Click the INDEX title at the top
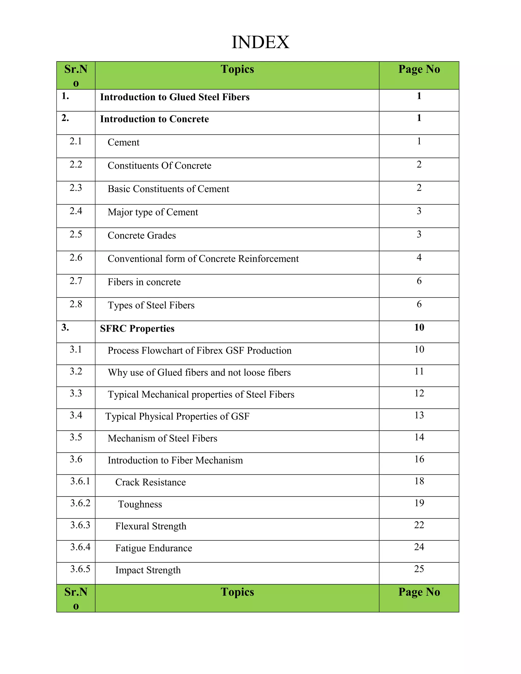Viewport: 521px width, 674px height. tap(260, 42)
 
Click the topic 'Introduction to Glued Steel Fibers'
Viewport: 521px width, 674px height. tap(175, 97)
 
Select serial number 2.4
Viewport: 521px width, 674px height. tap(76, 211)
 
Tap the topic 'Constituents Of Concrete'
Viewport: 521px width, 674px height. tap(159, 166)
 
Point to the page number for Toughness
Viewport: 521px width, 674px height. tap(419, 503)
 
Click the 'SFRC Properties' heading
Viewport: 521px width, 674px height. tap(137, 329)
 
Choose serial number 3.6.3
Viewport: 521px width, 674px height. tap(80, 525)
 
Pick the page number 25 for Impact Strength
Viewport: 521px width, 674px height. tap(419, 569)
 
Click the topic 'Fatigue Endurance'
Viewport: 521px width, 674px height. tap(153, 548)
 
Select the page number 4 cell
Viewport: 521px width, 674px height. tap(419, 257)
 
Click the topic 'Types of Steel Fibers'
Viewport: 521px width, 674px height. tap(151, 305)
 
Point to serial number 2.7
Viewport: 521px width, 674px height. tap(76, 281)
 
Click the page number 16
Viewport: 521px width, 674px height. tap(419, 459)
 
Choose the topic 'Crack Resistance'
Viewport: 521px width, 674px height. tap(150, 482)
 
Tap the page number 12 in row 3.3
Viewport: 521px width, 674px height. tap(419, 393)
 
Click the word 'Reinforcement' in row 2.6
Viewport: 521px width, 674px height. tap(268, 259)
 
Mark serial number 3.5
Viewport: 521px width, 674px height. tap(76, 437)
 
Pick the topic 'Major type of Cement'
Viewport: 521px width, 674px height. tap(153, 212)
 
